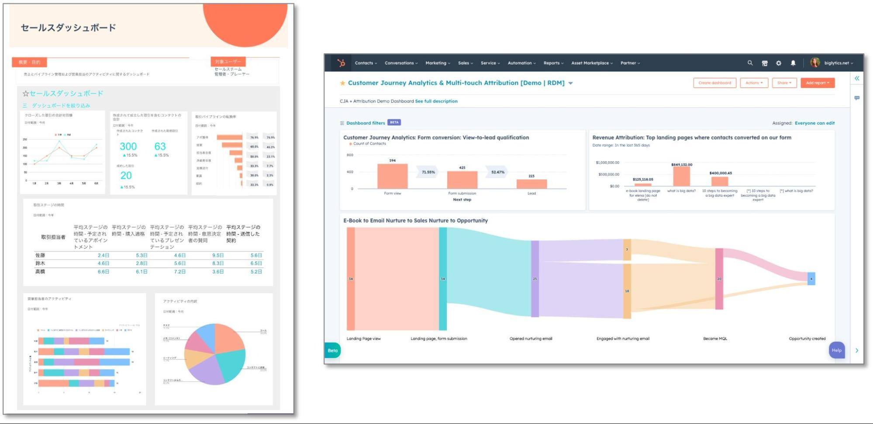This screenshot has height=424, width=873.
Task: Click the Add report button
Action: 817,83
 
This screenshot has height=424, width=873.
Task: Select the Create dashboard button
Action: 714,83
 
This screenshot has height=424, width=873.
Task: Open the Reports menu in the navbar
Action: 553,63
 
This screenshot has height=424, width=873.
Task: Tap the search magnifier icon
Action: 750,63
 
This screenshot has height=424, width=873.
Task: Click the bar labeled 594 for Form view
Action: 392,176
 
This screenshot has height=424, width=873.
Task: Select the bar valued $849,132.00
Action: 681,177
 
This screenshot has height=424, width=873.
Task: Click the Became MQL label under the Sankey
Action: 715,339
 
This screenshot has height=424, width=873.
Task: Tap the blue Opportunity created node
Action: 811,278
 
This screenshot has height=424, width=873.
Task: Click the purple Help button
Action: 836,350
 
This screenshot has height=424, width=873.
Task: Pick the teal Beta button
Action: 333,350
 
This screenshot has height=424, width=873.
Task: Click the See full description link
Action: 436,101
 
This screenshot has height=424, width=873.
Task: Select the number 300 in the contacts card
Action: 128,146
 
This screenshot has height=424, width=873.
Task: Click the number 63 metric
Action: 160,146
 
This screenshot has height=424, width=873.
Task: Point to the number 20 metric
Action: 126,175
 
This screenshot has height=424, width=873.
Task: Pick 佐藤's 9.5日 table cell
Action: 217,255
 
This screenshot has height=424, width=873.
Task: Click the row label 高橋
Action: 40,271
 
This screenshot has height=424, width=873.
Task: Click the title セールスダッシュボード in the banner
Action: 69,28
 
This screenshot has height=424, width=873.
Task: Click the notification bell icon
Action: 793,63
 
